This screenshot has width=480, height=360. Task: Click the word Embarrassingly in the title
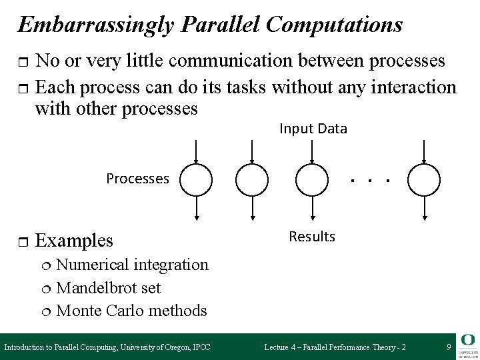tap(95, 25)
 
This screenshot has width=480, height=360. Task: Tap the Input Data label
tap(313, 129)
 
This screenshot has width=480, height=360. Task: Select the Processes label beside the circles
tap(138, 178)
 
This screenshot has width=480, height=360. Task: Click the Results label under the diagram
tap(312, 237)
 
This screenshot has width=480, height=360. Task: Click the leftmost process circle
tap(196, 179)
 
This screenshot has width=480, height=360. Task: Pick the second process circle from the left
tap(252, 179)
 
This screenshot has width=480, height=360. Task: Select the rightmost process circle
tap(424, 179)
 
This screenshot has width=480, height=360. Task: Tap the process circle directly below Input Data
tap(312, 179)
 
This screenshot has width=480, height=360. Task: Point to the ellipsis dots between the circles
tap(370, 180)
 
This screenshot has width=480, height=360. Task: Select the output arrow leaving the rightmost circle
tap(424, 207)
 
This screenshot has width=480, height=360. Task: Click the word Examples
tap(74, 239)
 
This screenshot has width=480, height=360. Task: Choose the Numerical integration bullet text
tap(132, 265)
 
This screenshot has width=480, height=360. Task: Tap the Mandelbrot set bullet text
tap(108, 287)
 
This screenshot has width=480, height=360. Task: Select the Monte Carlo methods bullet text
tap(131, 310)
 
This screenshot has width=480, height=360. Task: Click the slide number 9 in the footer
tap(449, 347)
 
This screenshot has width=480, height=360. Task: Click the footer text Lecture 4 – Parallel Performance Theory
tap(335, 347)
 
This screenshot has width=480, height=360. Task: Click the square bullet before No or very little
tap(23, 63)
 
